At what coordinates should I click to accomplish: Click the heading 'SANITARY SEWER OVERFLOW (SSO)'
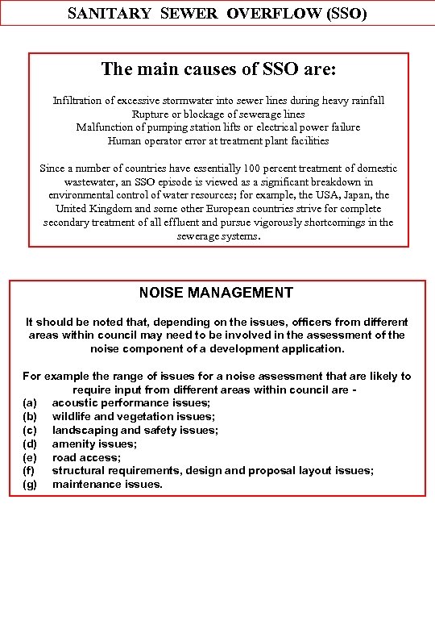coord(217,13)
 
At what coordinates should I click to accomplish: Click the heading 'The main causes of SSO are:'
coord(218,69)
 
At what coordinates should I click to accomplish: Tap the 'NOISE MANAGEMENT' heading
coord(216,293)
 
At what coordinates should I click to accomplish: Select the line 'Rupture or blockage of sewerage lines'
coord(218,114)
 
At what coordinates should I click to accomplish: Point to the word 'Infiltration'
coord(77,101)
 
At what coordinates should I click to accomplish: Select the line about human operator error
coord(218,140)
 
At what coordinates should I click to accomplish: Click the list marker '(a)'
coord(30,402)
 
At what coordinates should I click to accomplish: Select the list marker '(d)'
coord(30,444)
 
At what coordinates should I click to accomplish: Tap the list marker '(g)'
coord(30,485)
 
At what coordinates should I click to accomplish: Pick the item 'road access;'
coord(86,457)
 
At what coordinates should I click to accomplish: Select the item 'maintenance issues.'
coord(107,485)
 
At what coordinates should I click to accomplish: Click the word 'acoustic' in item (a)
coord(75,402)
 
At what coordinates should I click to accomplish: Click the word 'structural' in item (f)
coord(77,471)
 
